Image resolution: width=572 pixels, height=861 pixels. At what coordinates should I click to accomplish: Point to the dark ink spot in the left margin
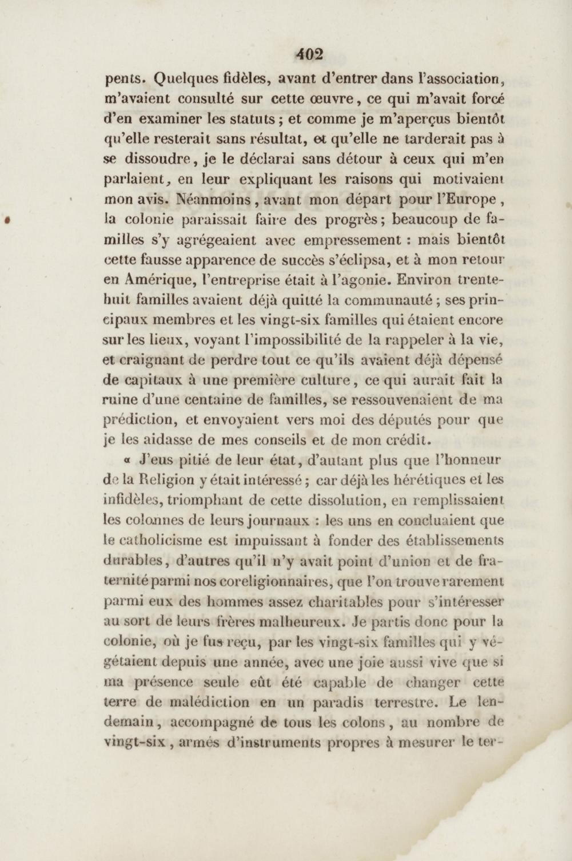pyautogui.click(x=6, y=220)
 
